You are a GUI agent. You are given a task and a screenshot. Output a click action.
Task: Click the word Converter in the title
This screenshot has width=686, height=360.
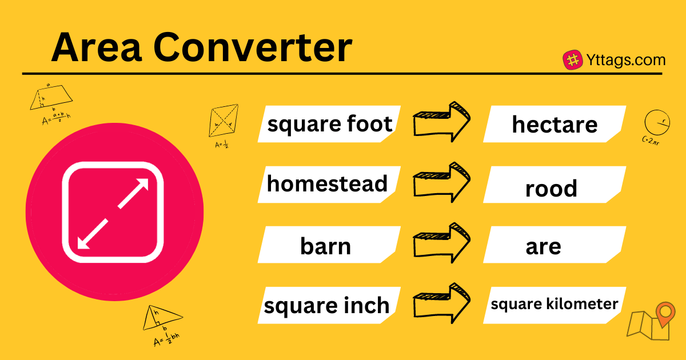[x=252, y=48]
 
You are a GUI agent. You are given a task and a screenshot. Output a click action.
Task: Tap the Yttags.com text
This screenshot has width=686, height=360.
[x=625, y=60]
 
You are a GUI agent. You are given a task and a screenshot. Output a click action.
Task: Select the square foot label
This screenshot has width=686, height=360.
[x=330, y=124]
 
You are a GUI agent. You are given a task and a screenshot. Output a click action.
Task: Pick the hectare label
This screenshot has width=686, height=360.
[x=555, y=124]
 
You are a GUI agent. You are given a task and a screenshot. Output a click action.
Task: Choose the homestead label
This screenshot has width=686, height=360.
[x=327, y=184]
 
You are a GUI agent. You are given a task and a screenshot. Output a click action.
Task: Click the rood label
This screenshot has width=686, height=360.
[x=551, y=189]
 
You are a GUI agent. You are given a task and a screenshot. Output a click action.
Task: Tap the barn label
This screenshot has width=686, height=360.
[x=325, y=246]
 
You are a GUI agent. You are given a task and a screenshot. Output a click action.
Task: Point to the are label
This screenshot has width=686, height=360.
[x=543, y=247]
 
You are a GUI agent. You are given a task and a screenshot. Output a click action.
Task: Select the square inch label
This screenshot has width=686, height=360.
[x=326, y=306]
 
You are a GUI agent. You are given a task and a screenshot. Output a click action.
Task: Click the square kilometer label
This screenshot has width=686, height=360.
[x=555, y=303]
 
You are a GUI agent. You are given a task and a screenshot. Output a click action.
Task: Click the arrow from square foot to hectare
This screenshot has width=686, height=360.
[x=442, y=121]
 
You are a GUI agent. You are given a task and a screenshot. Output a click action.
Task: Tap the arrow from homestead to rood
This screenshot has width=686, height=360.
[x=442, y=182]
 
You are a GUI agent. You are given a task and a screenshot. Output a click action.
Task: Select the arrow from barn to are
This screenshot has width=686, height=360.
[x=442, y=243]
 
